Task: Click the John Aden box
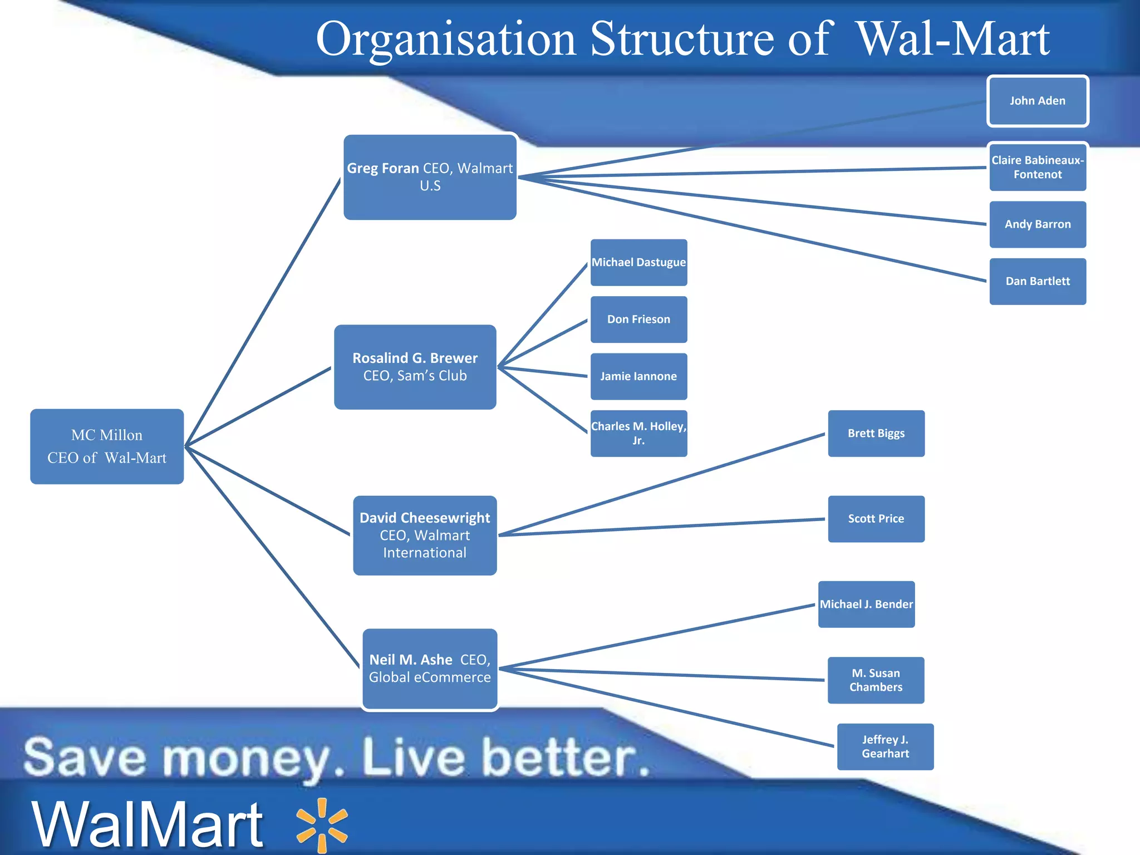click(x=1038, y=101)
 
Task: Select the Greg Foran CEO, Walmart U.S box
click(x=430, y=177)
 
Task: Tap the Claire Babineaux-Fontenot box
click(x=1038, y=167)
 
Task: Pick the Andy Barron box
click(x=1038, y=224)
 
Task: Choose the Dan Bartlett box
click(x=1038, y=281)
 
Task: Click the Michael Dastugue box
click(x=638, y=262)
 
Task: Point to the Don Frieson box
click(x=638, y=320)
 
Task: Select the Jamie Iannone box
click(x=638, y=376)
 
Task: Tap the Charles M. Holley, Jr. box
click(x=638, y=433)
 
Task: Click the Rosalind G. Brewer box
click(x=415, y=367)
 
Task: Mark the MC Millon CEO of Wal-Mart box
click(x=107, y=446)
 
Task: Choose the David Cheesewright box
click(x=425, y=535)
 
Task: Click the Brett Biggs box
click(x=876, y=433)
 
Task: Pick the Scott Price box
click(x=876, y=519)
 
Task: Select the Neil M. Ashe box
click(x=430, y=669)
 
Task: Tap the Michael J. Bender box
click(x=866, y=604)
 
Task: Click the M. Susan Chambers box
click(x=876, y=680)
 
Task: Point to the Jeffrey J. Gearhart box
click(x=885, y=746)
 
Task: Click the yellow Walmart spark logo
click(x=322, y=825)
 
